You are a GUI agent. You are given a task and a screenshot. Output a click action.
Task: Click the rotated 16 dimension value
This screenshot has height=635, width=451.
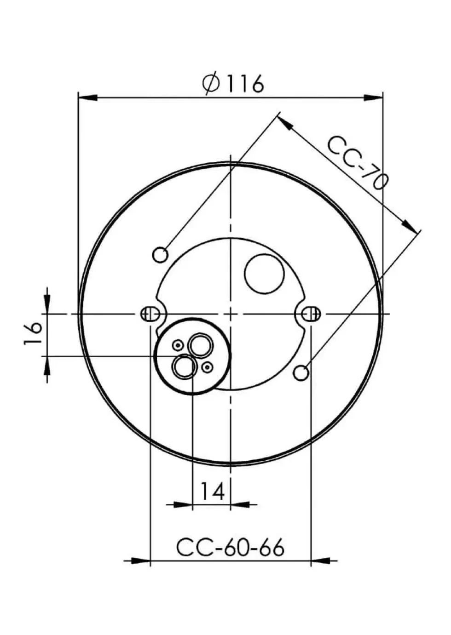[x=33, y=334]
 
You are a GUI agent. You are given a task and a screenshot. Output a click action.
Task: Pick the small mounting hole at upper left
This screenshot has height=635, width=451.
[x=160, y=255]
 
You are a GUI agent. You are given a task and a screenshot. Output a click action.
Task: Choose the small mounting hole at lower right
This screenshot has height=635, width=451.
[x=301, y=373]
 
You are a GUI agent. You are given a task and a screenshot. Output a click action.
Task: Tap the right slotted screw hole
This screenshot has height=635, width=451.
[x=311, y=314]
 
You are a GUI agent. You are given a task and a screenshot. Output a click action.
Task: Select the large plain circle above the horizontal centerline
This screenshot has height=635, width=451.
[x=264, y=274]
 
